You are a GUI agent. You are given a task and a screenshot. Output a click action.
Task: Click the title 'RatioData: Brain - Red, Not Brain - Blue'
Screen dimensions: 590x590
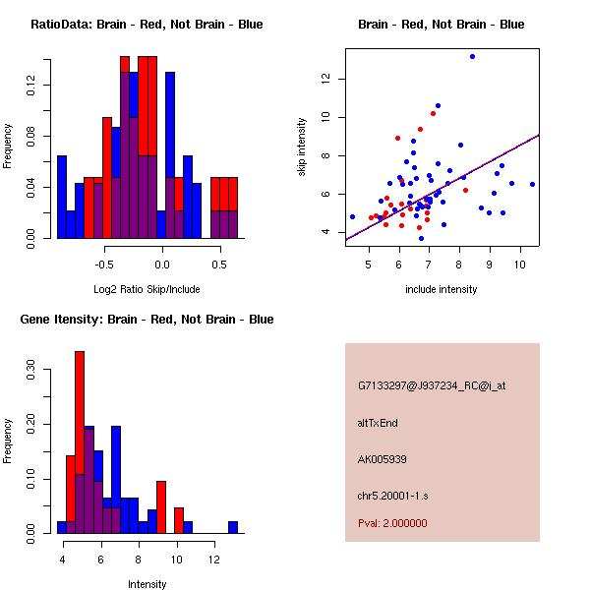pos(146,25)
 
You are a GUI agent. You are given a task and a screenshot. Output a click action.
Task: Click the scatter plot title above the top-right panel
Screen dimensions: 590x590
pos(441,25)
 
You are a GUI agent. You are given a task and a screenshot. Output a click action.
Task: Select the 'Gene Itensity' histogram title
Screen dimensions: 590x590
pos(146,320)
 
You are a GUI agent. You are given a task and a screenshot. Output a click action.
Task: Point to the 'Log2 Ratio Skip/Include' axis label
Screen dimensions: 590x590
pos(146,289)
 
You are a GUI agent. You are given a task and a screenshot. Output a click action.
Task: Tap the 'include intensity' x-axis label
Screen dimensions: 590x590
pos(441,289)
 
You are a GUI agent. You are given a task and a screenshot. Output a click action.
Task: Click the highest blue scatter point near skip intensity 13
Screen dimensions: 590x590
pos(472,56)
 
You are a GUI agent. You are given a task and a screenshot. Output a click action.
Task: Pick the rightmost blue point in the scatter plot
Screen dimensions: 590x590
pos(532,184)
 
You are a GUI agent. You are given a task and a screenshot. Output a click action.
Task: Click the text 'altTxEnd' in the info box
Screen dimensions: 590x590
pos(378,423)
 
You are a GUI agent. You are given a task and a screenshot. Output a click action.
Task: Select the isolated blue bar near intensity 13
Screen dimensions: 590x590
pos(233,527)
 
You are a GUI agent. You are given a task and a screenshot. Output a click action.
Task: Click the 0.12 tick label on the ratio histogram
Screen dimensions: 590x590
pos(30,88)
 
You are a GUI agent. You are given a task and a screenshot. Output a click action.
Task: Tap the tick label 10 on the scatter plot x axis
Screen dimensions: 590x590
pos(520,265)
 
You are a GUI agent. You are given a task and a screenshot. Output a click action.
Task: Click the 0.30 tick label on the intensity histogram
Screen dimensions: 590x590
pos(30,374)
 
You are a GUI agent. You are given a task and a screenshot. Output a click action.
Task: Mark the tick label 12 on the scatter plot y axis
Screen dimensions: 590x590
pos(325,79)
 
